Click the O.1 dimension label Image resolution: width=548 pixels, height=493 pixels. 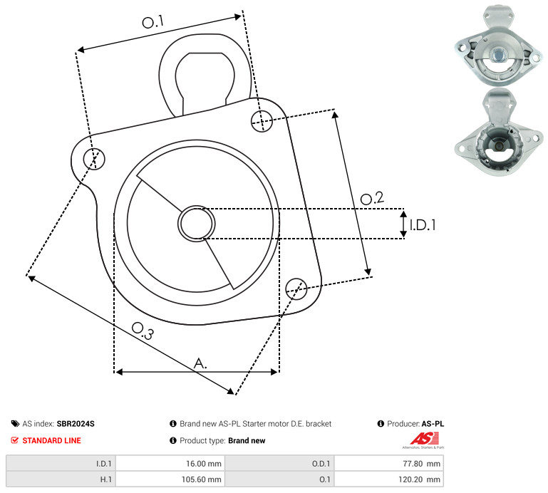[153, 22]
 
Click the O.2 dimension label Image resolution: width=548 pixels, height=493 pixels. [372, 198]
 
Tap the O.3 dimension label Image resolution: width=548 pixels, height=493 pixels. [143, 331]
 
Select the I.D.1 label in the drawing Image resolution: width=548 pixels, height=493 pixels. [423, 225]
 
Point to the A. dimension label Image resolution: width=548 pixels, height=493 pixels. [200, 363]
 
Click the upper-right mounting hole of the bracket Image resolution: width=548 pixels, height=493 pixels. [262, 121]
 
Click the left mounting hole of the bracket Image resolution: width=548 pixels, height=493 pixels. [94, 159]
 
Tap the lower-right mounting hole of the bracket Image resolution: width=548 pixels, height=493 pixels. [296, 289]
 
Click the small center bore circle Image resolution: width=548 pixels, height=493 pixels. [197, 224]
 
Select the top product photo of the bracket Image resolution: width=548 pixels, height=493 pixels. [499, 45]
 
